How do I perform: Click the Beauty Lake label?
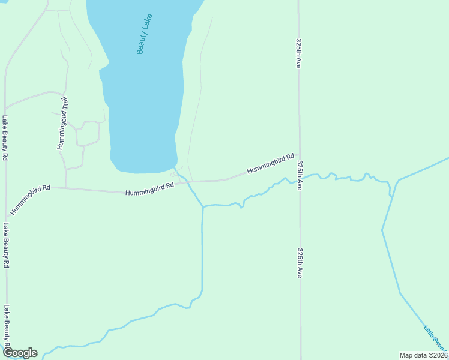145,34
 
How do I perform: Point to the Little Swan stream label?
436,337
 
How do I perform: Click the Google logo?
20,353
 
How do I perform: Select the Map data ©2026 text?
423,355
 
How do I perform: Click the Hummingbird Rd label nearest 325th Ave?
270,164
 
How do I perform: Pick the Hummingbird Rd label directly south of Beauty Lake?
149,189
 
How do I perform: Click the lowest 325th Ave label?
300,263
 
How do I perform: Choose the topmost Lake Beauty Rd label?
5,138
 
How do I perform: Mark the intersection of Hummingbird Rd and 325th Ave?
299,154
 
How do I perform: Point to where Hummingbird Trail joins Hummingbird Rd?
65,188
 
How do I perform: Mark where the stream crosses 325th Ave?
300,180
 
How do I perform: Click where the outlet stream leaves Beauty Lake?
175,167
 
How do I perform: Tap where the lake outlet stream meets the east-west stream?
203,207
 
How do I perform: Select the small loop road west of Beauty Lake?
88,133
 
